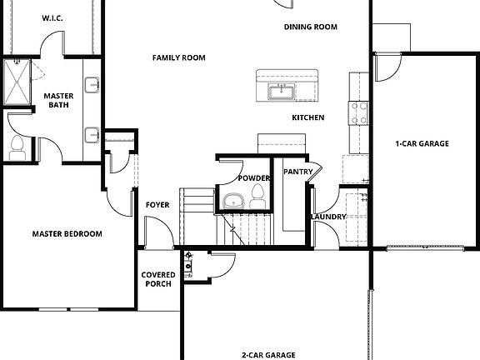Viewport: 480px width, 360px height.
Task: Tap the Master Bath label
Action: coord(59,101)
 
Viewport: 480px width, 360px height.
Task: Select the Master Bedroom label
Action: coord(67,234)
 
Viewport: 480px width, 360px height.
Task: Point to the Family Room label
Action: coord(178,57)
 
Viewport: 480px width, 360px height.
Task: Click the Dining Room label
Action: coord(310,27)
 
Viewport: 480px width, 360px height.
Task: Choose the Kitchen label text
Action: coord(307,117)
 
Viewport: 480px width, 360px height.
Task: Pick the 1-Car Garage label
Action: coord(422,143)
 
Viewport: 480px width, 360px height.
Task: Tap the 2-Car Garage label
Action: coord(268,355)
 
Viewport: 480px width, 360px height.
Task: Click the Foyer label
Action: coord(158,205)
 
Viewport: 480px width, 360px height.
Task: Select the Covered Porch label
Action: coord(157,279)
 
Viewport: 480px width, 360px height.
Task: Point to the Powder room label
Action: coord(253,178)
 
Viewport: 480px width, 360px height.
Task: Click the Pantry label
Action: coord(297,172)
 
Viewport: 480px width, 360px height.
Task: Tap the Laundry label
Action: coord(328,217)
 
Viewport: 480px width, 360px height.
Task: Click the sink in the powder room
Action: coord(233,200)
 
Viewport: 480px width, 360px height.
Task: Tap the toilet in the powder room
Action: coord(257,196)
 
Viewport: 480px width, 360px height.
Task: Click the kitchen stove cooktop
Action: coord(359,112)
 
